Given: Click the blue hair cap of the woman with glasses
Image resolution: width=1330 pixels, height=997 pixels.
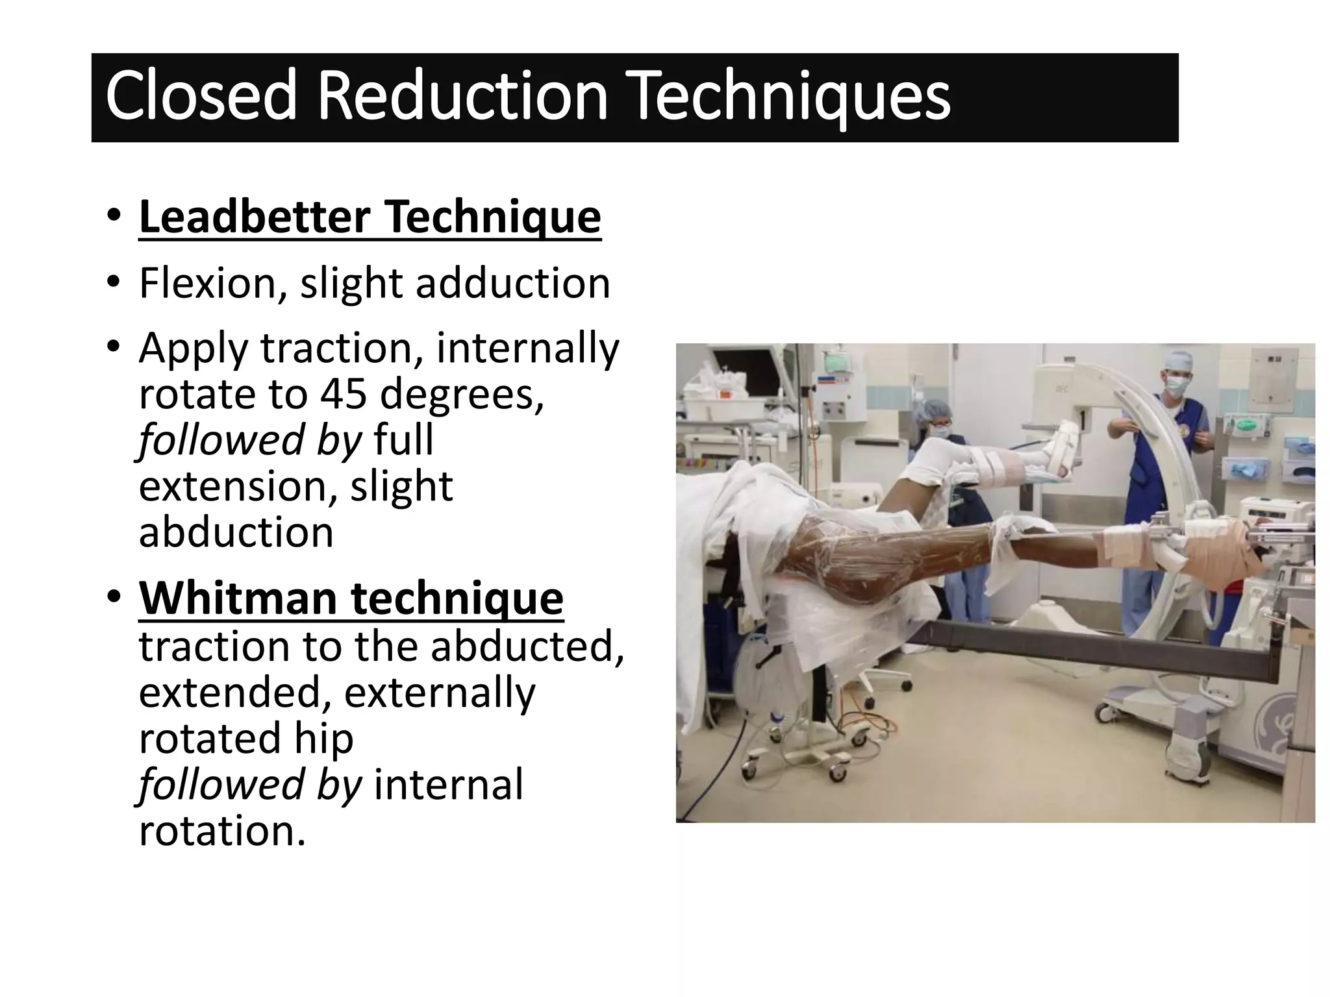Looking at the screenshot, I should (x=939, y=409).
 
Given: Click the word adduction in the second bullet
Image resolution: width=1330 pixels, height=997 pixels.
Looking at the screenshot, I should (x=512, y=284).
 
